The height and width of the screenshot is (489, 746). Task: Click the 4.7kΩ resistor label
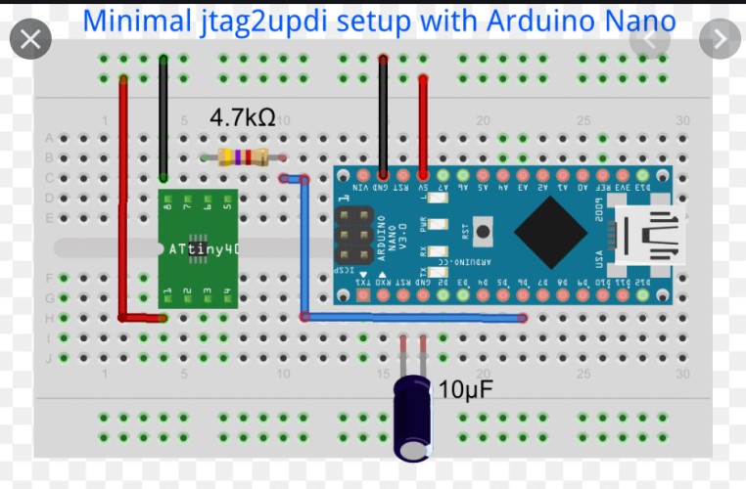tap(242, 118)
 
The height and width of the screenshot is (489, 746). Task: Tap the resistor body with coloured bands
tap(244, 156)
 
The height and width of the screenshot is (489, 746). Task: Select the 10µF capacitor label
tap(465, 390)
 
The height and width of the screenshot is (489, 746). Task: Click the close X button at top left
tap(30, 39)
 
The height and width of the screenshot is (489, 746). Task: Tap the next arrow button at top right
tap(721, 39)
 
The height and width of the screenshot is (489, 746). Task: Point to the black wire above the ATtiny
tap(163, 117)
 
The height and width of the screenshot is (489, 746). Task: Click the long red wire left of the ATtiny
tap(123, 196)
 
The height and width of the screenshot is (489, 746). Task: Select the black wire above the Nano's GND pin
tap(383, 117)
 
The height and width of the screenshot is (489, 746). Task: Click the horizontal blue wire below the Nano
tap(411, 317)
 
